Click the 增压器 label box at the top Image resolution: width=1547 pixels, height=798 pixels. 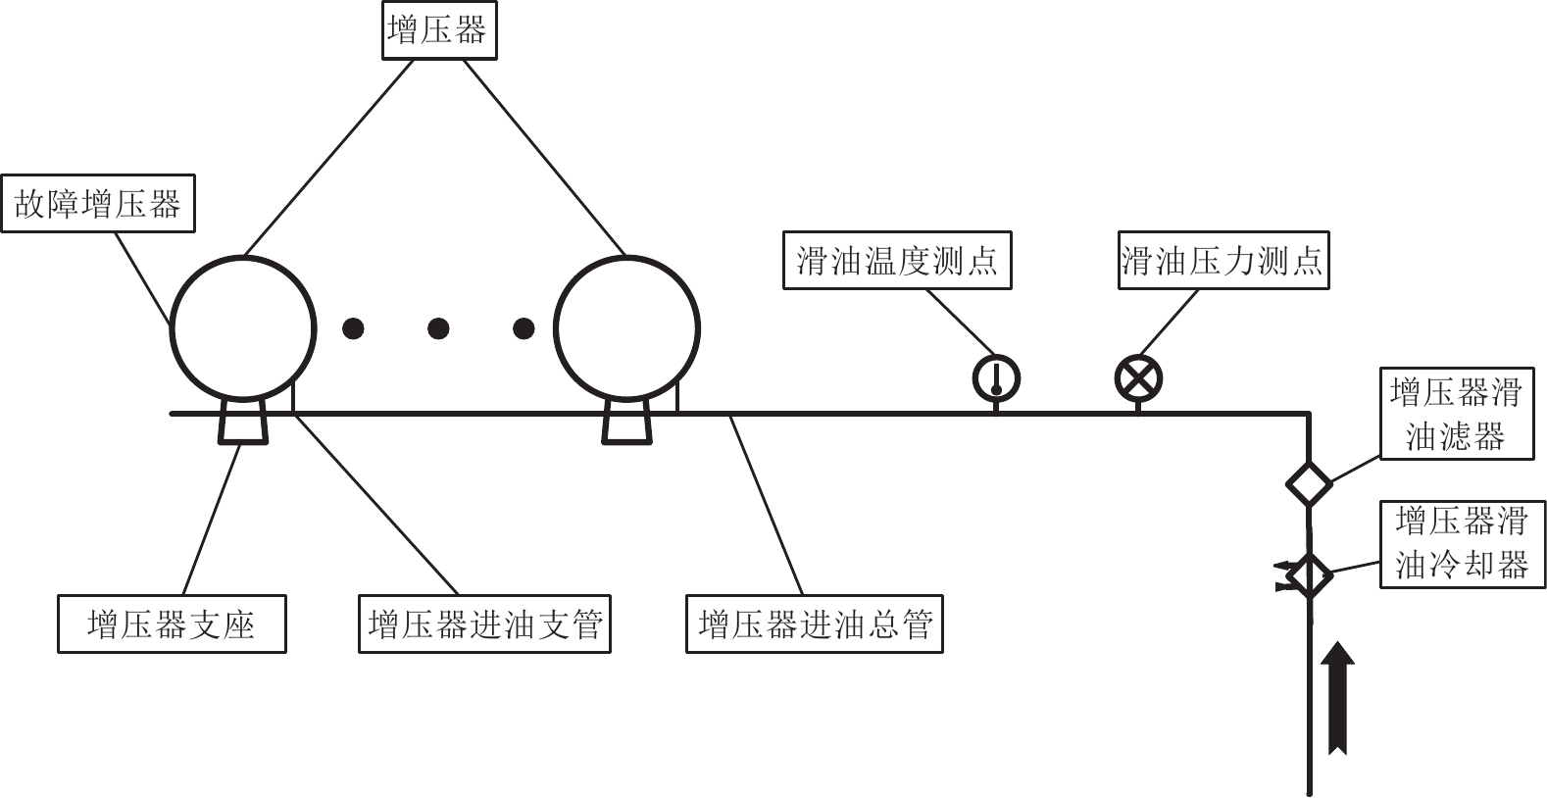click(x=438, y=30)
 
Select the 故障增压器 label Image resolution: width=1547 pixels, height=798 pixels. click(x=98, y=204)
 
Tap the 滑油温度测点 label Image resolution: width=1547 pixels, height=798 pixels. click(x=897, y=261)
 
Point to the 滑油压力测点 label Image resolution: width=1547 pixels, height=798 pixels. click(x=1223, y=261)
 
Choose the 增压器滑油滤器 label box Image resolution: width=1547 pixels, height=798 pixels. click(x=1456, y=414)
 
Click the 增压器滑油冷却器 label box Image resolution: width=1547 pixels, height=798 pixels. click(x=1462, y=543)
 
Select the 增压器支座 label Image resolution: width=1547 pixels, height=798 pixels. click(x=172, y=623)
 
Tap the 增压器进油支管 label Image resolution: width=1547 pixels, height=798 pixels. click(x=484, y=623)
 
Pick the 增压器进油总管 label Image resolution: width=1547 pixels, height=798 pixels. click(x=814, y=623)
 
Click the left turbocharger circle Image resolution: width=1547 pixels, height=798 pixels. click(x=243, y=328)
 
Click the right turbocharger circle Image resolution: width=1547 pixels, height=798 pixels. click(x=627, y=328)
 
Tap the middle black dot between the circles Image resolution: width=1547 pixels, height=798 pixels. click(x=438, y=328)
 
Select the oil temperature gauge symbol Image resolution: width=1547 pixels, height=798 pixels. click(x=996, y=378)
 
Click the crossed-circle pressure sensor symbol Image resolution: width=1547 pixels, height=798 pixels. click(x=1138, y=378)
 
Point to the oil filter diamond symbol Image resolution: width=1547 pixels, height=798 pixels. click(x=1309, y=482)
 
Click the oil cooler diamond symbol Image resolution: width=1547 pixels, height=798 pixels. click(x=1309, y=575)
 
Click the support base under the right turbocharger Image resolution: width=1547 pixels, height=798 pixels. click(x=626, y=422)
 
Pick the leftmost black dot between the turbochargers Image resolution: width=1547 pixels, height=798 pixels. click(x=353, y=328)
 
